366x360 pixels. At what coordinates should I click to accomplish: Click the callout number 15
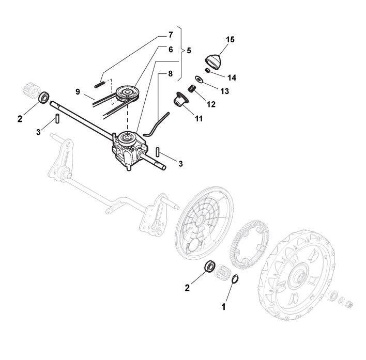(230, 39)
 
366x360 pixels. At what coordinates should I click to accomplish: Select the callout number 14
(231, 77)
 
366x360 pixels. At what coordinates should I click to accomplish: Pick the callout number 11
(199, 118)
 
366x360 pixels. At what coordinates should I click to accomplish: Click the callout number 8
(170, 74)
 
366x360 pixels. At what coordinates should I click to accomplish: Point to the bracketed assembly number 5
(189, 51)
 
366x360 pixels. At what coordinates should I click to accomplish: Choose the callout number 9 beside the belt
(77, 92)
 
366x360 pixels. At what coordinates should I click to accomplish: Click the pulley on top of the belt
(125, 93)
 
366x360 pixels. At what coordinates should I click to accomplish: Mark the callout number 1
(224, 306)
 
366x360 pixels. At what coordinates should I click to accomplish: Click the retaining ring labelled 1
(235, 279)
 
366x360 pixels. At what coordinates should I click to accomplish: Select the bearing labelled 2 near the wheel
(210, 267)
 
